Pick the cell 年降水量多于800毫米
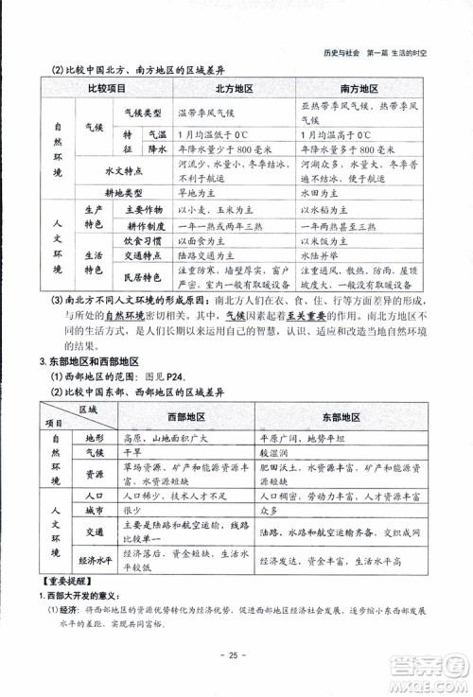point(342,150)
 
